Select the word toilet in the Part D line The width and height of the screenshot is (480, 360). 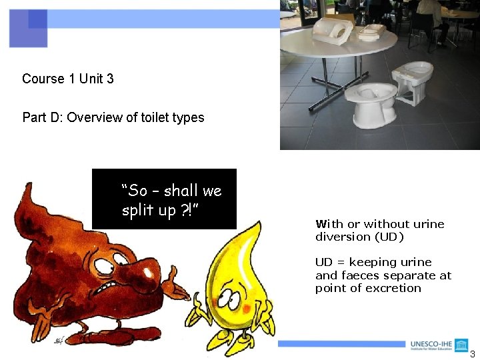(157, 118)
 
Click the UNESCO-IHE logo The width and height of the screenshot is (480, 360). (439, 345)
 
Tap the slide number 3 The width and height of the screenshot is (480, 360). (473, 354)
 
